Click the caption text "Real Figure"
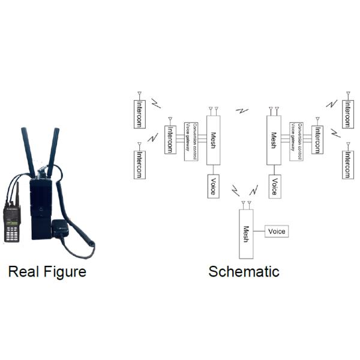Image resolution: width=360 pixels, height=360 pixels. pyautogui.click(x=47, y=272)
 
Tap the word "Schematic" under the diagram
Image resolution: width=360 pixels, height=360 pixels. pyautogui.click(x=244, y=272)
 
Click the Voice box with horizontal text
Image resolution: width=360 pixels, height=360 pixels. pyautogui.click(x=277, y=232)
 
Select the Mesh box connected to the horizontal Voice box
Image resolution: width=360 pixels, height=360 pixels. pyautogui.click(x=246, y=232)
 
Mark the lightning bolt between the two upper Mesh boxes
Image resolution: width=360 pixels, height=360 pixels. pyautogui.click(x=242, y=110)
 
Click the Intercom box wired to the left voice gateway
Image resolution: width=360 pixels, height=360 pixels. pyautogui.click(x=170, y=139)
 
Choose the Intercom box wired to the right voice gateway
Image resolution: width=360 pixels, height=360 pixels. pyautogui.click(x=317, y=139)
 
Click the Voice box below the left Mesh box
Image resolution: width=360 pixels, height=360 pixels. pyautogui.click(x=213, y=186)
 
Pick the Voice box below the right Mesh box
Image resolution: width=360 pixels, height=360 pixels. pyautogui.click(x=274, y=186)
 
